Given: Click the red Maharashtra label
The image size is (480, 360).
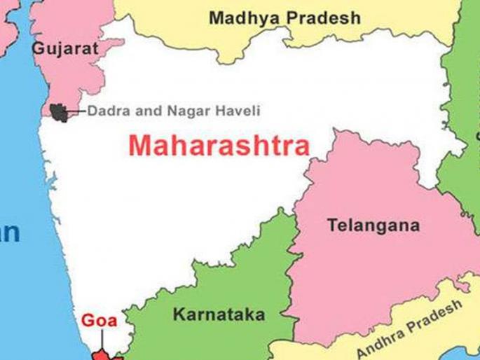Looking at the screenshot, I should tap(219, 146).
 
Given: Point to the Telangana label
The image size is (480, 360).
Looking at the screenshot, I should tap(373, 226).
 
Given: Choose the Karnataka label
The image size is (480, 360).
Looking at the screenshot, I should tap(219, 314).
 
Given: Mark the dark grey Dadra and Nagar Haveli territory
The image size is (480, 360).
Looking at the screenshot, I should tap(60, 111).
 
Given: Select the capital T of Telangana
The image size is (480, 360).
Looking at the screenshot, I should tap(332, 226).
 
